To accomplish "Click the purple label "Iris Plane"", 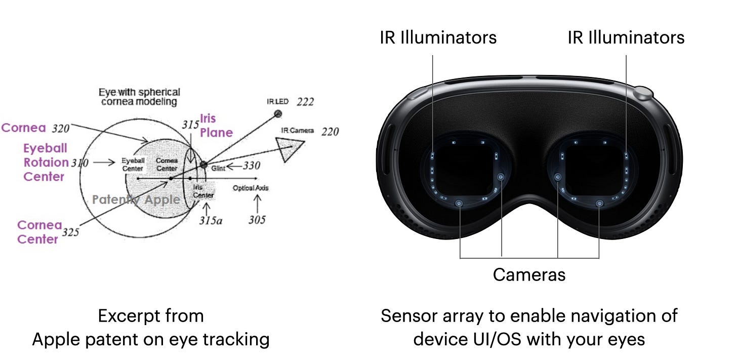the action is [x=216, y=126].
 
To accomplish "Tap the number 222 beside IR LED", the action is [x=305, y=102].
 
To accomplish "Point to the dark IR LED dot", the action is [x=277, y=113].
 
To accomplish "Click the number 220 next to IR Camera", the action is [x=330, y=132].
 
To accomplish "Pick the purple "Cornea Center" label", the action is [x=39, y=232].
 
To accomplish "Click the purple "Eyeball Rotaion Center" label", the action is [x=46, y=163].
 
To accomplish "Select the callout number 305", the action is [x=257, y=220].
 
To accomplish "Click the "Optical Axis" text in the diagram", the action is [x=251, y=188].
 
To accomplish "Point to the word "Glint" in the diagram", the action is [x=218, y=168].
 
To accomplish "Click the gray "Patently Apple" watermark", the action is [x=136, y=199].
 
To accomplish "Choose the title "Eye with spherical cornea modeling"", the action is [x=139, y=97].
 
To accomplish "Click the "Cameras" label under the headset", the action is [x=529, y=274].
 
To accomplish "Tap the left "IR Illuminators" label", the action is [x=438, y=37].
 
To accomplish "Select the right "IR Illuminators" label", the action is [x=626, y=37].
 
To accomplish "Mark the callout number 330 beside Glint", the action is [x=251, y=166].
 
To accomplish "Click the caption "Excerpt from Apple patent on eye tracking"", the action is [x=150, y=327].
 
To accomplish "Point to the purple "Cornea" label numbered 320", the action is [x=24, y=128].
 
